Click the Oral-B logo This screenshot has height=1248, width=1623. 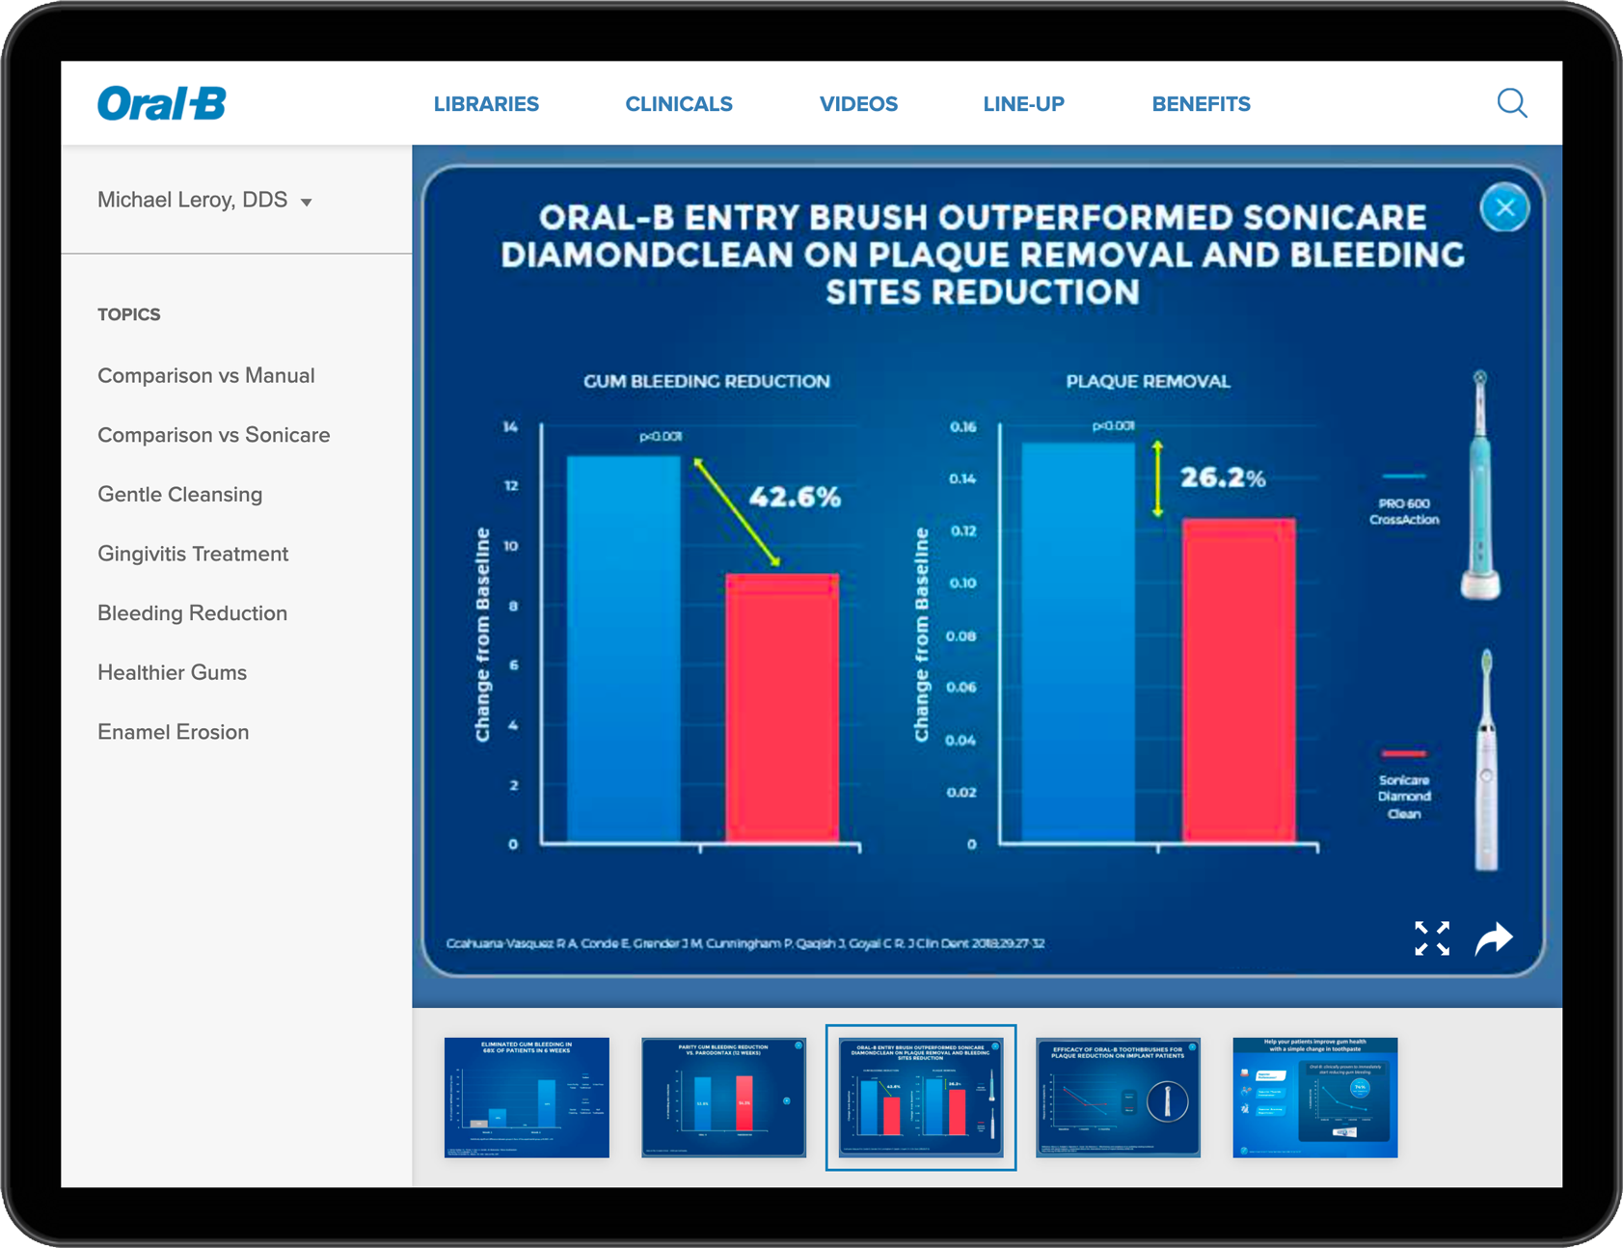tap(162, 103)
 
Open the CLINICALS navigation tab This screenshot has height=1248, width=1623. tap(679, 104)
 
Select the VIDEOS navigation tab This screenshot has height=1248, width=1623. tap(858, 104)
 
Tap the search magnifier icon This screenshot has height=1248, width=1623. tap(1511, 103)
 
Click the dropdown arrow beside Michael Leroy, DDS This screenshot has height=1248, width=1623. tap(307, 203)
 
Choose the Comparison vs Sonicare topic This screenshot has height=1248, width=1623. tap(213, 435)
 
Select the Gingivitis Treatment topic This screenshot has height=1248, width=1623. tap(193, 554)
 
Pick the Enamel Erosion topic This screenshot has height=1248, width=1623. tap(174, 732)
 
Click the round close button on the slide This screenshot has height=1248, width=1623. tap(1503, 207)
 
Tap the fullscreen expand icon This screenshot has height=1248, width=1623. tap(1431, 937)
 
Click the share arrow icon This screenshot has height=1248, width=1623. tap(1494, 937)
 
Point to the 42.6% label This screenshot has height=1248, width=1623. tap(795, 497)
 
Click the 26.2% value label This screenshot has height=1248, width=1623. tap(1223, 477)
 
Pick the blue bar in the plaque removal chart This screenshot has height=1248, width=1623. tap(1078, 642)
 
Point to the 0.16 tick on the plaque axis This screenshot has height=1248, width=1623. tap(962, 426)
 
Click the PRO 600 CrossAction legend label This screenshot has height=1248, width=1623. tap(1404, 511)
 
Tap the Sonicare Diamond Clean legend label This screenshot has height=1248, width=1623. tap(1404, 797)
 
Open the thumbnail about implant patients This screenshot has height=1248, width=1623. tap(1118, 1098)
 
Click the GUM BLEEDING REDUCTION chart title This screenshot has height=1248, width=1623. tap(706, 381)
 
